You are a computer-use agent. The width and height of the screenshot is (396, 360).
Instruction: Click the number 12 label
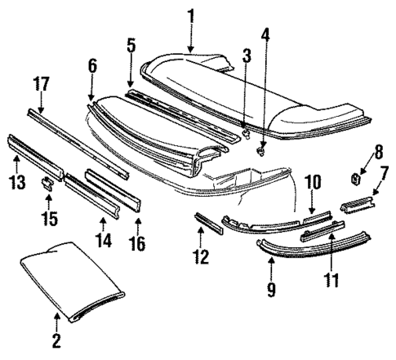pos(201,257)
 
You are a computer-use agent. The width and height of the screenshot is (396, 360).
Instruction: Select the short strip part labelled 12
pos(207,222)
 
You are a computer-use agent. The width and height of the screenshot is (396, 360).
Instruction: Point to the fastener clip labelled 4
pos(262,149)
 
